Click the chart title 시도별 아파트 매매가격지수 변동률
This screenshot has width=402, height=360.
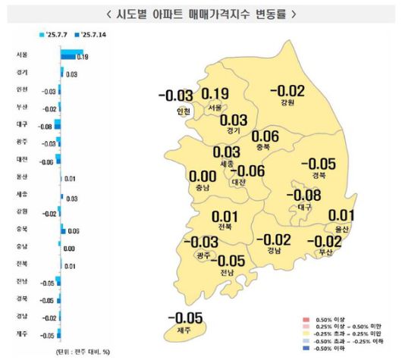(x=200, y=14)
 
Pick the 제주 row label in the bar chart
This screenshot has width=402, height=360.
(x=21, y=334)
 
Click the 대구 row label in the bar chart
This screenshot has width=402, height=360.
(x=21, y=124)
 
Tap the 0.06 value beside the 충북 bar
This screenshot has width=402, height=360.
(x=74, y=230)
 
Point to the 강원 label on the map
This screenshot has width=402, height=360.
(x=286, y=103)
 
